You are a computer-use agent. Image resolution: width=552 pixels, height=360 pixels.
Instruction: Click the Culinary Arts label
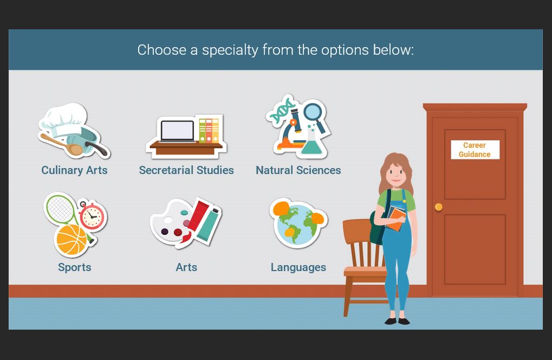[x=74, y=170]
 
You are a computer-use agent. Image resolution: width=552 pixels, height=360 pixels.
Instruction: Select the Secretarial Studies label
[x=186, y=170]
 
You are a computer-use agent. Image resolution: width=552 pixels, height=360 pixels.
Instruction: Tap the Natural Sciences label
[x=298, y=170]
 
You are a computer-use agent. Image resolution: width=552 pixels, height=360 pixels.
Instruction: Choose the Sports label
[x=75, y=267]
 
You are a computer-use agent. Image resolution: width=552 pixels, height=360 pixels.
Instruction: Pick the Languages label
[x=298, y=267]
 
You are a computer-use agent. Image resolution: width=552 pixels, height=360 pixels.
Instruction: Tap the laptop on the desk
[x=177, y=131]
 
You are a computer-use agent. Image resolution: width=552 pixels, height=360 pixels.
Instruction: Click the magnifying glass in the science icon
[x=314, y=115]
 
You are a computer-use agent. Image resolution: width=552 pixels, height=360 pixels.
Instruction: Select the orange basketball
[x=72, y=240]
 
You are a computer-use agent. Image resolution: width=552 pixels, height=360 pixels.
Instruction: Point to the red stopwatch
[x=92, y=216]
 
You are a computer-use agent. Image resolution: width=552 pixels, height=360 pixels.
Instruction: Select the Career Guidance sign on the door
[x=475, y=150]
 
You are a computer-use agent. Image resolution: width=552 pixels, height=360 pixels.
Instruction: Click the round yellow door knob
[x=439, y=207]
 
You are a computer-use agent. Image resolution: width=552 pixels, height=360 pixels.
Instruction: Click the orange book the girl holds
[x=397, y=219]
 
